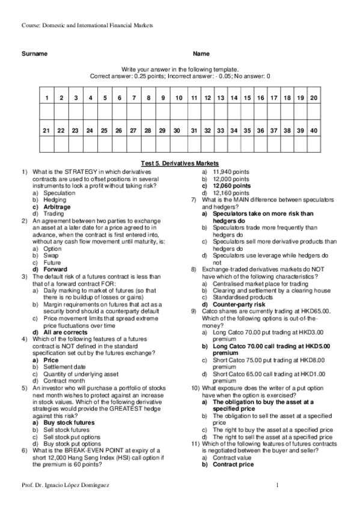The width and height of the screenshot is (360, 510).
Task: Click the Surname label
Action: click(34, 54)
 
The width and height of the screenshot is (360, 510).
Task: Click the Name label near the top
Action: click(201, 54)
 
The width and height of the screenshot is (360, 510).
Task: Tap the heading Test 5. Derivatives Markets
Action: click(180, 163)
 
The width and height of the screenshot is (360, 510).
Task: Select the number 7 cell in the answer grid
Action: click(134, 97)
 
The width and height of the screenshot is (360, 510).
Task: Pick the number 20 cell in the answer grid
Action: click(314, 97)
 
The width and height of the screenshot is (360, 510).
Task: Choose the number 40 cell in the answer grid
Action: click(314, 130)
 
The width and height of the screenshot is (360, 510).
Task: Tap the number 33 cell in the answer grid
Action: click(221, 130)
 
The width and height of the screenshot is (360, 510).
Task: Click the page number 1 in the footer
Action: click(277, 484)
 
